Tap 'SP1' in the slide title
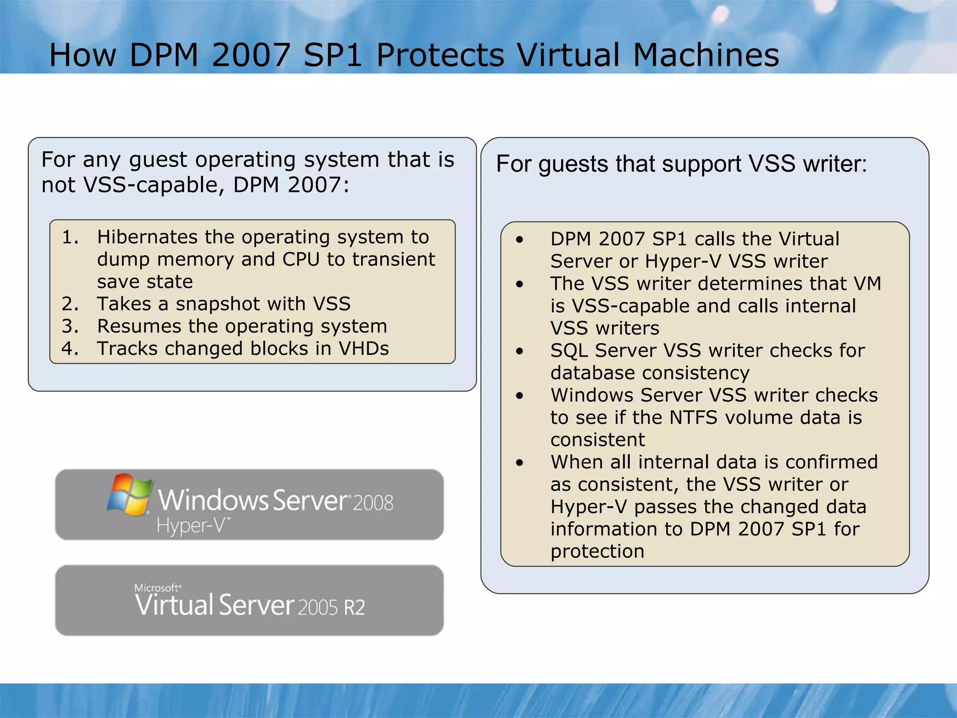pyautogui.click(x=332, y=55)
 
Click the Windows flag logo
pyautogui.click(x=129, y=494)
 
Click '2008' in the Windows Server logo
pyautogui.click(x=372, y=503)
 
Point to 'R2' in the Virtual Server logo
pyautogui.click(x=354, y=607)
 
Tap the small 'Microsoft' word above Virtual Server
pyautogui.click(x=157, y=588)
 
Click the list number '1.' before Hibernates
pyautogui.click(x=70, y=237)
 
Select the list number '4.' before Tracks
pyautogui.click(x=70, y=349)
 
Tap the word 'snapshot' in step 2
pyautogui.click(x=218, y=304)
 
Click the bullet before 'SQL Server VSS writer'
pyautogui.click(x=520, y=351)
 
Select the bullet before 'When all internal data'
pyautogui.click(x=520, y=463)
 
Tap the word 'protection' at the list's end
pyautogui.click(x=597, y=552)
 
